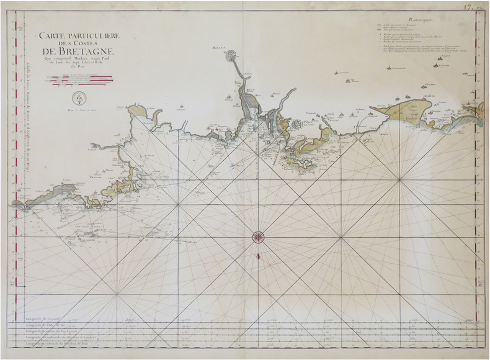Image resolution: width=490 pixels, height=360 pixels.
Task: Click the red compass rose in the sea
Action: [258, 236]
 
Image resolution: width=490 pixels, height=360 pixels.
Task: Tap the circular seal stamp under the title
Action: [79, 97]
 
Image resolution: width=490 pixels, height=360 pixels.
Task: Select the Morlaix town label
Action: [216, 48]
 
